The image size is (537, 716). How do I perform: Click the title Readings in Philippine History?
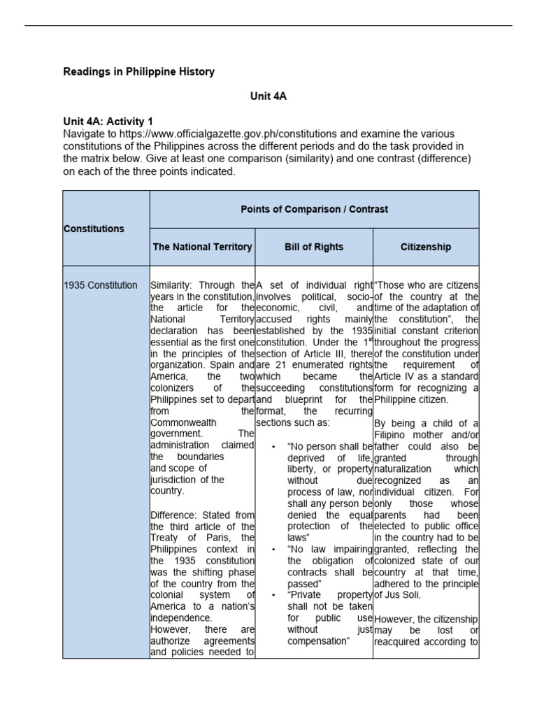click(139, 71)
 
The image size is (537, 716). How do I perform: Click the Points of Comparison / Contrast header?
click(314, 209)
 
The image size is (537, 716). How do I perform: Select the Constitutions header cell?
click(94, 229)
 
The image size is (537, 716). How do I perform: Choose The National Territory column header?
click(202, 247)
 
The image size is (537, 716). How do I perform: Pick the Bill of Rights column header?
click(314, 247)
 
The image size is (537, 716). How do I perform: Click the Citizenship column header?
click(426, 247)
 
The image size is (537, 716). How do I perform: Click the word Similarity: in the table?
click(173, 285)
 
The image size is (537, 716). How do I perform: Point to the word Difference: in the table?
click(176, 515)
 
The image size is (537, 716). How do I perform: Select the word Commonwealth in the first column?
click(183, 422)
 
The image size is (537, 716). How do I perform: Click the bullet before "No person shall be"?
click(271, 446)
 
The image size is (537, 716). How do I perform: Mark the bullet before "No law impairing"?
click(271, 549)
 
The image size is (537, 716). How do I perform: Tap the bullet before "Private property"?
click(271, 595)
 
